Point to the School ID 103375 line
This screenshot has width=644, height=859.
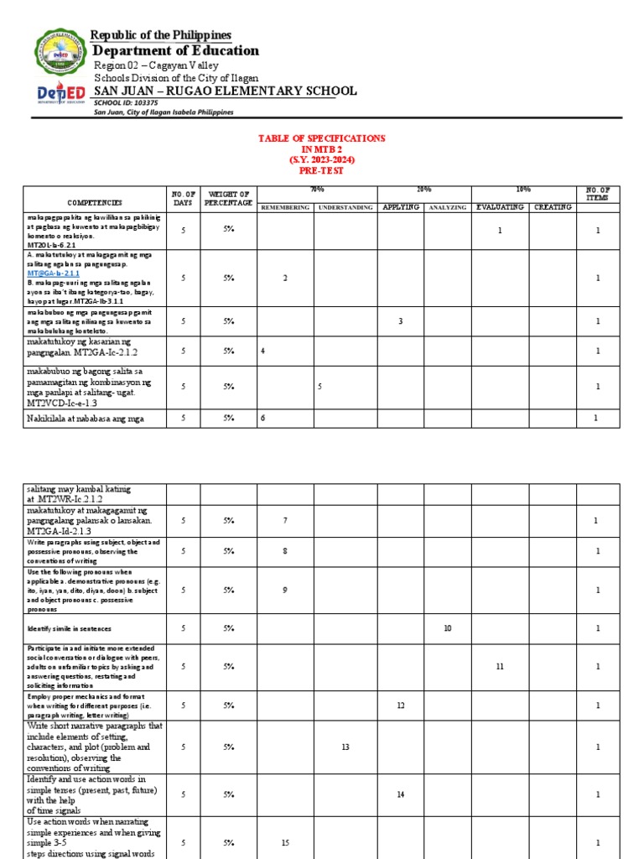point(127,102)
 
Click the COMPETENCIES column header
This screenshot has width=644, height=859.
point(95,202)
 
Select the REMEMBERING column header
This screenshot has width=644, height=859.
point(285,206)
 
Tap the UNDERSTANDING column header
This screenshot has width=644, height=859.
point(344,206)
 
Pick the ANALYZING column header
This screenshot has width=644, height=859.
point(447,206)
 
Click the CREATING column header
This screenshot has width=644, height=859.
point(553,206)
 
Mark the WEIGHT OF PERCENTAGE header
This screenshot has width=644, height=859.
point(228,198)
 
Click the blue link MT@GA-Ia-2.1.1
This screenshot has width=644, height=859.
point(53,273)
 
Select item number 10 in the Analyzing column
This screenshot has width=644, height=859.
point(447,627)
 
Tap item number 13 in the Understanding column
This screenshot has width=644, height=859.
point(345,746)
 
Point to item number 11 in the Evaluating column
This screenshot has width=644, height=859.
point(500,665)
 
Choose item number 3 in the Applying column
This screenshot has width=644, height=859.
point(400,321)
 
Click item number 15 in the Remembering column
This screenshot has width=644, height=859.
point(285,842)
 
